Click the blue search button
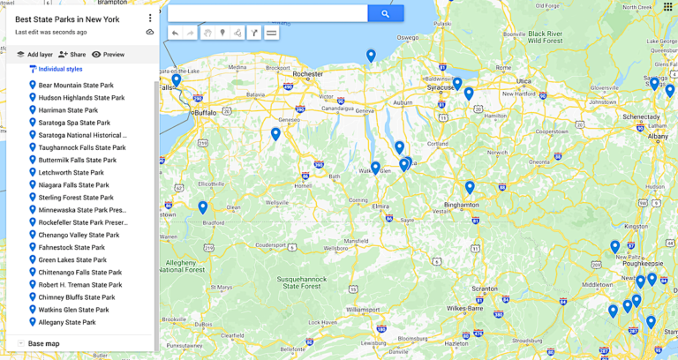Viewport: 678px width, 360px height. (386, 13)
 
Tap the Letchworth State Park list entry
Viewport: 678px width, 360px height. (71, 173)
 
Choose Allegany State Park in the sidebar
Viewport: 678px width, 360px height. (67, 323)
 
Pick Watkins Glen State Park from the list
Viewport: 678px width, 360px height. (73, 311)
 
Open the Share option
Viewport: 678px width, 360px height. (72, 55)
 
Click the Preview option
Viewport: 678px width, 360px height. (108, 55)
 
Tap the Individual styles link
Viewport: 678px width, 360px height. (60, 69)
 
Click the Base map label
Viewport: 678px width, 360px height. (43, 343)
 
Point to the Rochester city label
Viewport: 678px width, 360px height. (307, 74)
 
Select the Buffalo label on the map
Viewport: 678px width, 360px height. (205, 113)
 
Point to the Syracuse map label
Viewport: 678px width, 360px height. (440, 88)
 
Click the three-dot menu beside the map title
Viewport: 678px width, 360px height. (150, 18)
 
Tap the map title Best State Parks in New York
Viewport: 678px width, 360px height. (67, 19)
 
